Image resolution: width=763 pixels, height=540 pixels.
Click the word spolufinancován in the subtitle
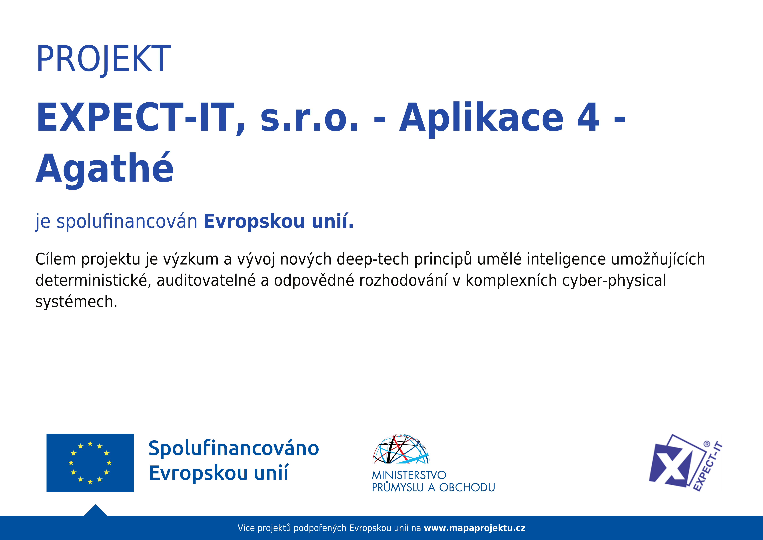[x=127, y=222]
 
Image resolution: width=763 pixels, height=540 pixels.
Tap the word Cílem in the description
[x=56, y=259]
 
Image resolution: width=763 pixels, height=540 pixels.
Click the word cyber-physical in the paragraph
[x=614, y=281]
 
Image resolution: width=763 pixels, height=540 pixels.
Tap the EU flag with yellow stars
[x=90, y=463]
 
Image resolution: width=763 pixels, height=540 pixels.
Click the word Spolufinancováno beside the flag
[x=234, y=448]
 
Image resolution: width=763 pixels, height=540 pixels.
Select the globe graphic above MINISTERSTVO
[x=401, y=449]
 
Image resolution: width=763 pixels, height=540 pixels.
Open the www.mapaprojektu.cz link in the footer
[x=475, y=528]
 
